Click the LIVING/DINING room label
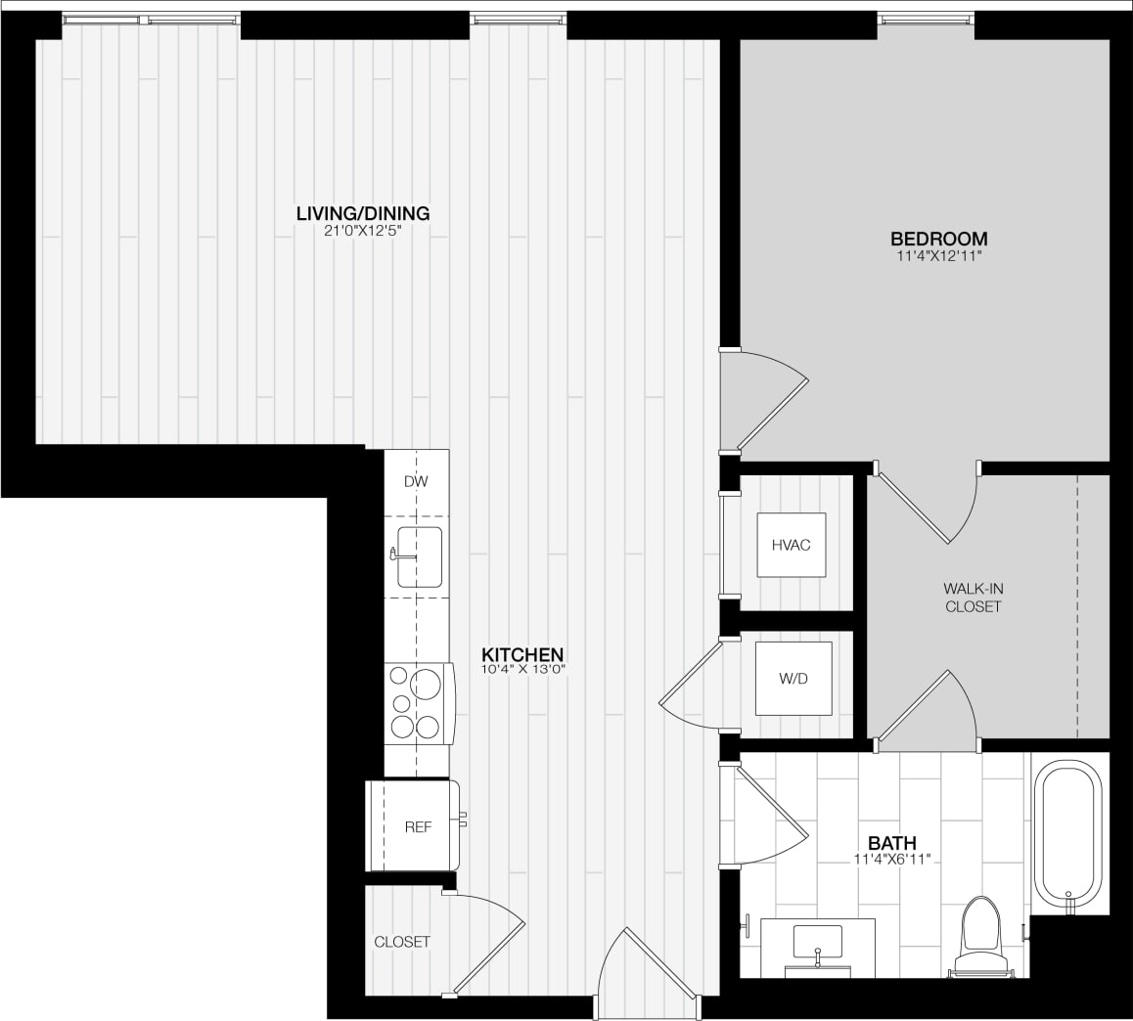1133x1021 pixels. coord(363,213)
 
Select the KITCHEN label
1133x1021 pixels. coord(523,654)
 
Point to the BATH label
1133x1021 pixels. coord(892,843)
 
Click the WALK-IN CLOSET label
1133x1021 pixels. coord(972,598)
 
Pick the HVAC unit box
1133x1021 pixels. coord(791,545)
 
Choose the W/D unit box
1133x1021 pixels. coord(793,678)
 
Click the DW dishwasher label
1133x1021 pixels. coord(416,481)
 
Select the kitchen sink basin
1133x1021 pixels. coord(420,556)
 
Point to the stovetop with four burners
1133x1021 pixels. coord(418,703)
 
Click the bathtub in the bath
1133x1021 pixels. coord(1068,834)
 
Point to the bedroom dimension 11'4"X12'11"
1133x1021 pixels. coord(937,256)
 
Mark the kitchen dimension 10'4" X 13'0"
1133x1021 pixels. coord(523,670)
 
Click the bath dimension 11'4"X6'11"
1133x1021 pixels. coord(891,860)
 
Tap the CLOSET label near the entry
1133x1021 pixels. coord(402,942)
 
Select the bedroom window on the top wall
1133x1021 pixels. coord(926,19)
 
